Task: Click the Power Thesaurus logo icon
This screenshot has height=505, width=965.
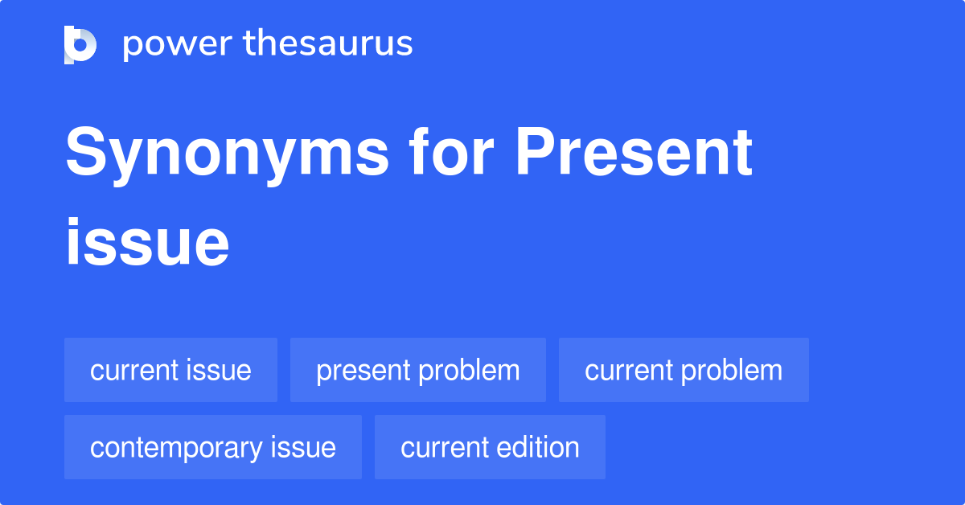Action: pos(80,44)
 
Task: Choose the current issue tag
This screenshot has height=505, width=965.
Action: pos(170,370)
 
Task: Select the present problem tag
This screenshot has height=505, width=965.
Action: pos(417,370)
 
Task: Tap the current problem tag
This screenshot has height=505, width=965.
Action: pos(684,370)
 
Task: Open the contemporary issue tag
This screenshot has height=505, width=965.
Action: pos(212,447)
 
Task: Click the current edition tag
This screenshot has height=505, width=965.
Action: pos(490,447)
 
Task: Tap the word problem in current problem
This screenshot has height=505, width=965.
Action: pos(733,370)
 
